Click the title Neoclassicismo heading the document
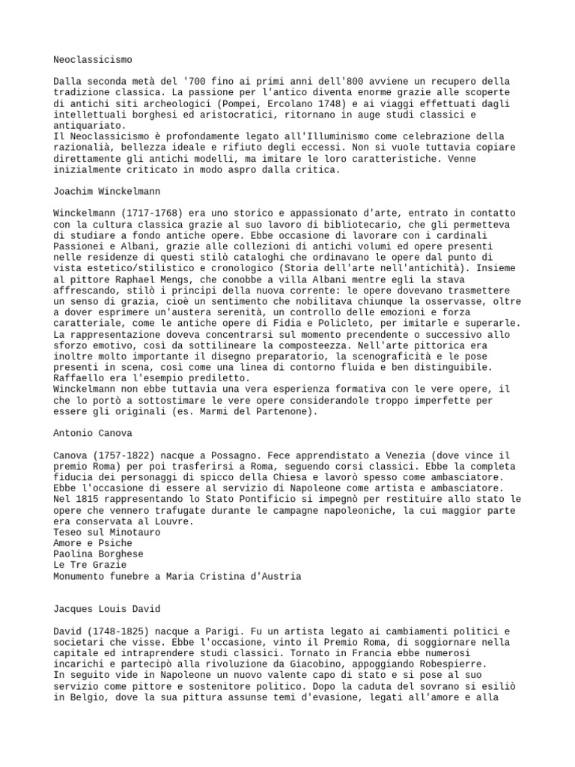point(93,58)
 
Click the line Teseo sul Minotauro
point(107,533)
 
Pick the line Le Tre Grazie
point(90,566)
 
